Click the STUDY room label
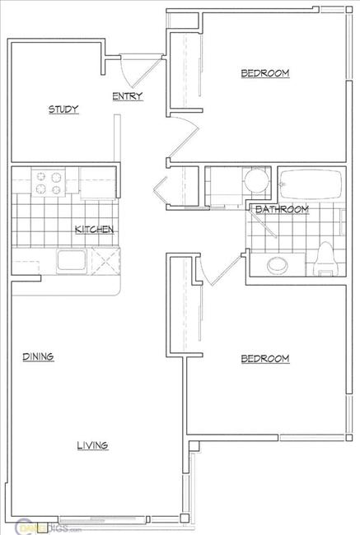point(63,109)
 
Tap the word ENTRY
point(128,96)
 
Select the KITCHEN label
point(94,230)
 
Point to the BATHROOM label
point(282,210)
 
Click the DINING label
point(38,356)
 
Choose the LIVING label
point(92,445)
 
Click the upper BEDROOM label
point(265,74)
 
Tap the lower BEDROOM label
point(265,359)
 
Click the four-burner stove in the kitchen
point(49,183)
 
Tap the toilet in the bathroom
point(325,257)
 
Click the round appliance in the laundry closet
point(255,179)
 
